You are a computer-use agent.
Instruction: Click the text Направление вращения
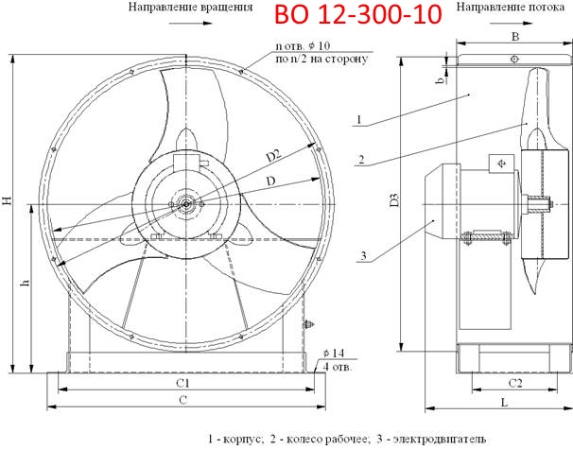point(191,7)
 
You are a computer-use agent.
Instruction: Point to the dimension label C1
point(184,384)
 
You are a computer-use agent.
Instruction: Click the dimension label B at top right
point(514,36)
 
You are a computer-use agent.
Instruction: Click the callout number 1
point(360,119)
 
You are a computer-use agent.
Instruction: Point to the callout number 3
point(360,254)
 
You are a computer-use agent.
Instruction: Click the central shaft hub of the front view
point(186,201)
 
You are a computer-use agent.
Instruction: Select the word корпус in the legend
point(241,439)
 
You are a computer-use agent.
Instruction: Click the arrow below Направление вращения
point(191,20)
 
